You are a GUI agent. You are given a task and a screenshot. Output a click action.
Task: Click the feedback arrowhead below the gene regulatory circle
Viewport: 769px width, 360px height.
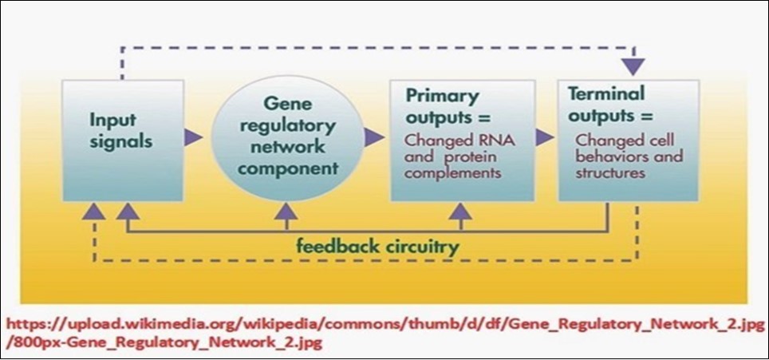click(285, 210)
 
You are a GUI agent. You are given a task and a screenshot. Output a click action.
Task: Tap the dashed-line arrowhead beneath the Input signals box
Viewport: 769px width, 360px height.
click(94, 211)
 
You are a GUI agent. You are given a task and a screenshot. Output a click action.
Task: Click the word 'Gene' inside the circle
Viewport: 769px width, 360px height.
click(284, 103)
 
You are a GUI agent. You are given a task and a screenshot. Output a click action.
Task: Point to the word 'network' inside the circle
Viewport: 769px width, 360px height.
click(283, 148)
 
